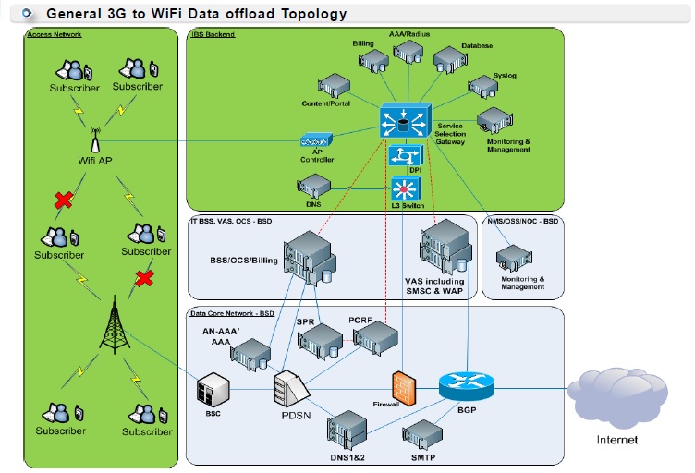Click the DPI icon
point(402,155)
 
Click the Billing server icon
point(374,60)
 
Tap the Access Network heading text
point(55,34)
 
